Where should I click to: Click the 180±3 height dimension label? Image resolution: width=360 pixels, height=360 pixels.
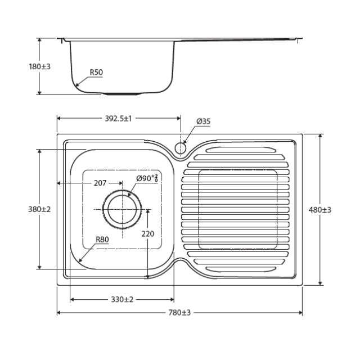39,66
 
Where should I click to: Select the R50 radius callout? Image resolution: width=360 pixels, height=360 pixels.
96,73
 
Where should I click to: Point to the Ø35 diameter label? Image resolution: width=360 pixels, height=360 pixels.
203,121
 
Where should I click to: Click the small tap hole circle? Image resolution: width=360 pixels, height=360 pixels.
181,148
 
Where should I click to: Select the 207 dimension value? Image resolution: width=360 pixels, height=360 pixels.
100,183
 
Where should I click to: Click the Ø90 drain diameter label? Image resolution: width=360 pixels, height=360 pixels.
147,178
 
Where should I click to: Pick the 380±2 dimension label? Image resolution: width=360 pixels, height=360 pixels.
39,209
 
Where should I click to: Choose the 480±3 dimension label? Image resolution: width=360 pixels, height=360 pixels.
320,210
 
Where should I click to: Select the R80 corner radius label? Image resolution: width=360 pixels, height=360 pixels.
102,240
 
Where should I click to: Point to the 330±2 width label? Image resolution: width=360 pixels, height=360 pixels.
121,299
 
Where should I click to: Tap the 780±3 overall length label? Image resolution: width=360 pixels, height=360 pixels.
179,313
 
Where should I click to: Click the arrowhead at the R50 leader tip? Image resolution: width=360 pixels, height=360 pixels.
77,85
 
